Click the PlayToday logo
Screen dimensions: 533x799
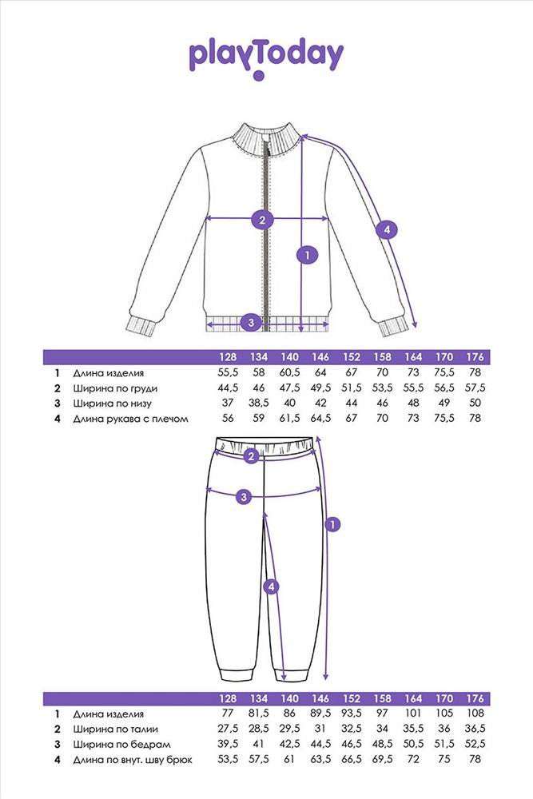point(266,59)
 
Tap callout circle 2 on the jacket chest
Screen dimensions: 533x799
point(262,221)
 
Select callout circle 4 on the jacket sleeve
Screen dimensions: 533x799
point(387,230)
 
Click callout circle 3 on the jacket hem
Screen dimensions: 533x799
point(251,322)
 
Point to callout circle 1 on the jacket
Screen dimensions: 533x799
point(307,255)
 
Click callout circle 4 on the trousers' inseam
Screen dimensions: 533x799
point(271,587)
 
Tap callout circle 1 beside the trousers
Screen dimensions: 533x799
point(332,524)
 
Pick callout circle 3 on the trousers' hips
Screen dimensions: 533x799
point(244,497)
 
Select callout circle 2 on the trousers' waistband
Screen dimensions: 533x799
point(250,456)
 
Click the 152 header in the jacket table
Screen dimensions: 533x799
point(351,356)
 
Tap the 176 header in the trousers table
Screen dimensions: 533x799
point(475,698)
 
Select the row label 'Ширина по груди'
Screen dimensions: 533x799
point(115,388)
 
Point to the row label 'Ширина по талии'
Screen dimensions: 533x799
point(115,729)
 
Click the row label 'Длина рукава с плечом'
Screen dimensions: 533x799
point(130,419)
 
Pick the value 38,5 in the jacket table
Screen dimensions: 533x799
point(258,403)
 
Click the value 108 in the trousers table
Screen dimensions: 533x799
point(475,714)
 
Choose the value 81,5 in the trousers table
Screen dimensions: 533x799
point(258,714)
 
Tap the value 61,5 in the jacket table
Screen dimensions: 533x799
point(289,418)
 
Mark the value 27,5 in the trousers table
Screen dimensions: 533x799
point(227,729)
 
